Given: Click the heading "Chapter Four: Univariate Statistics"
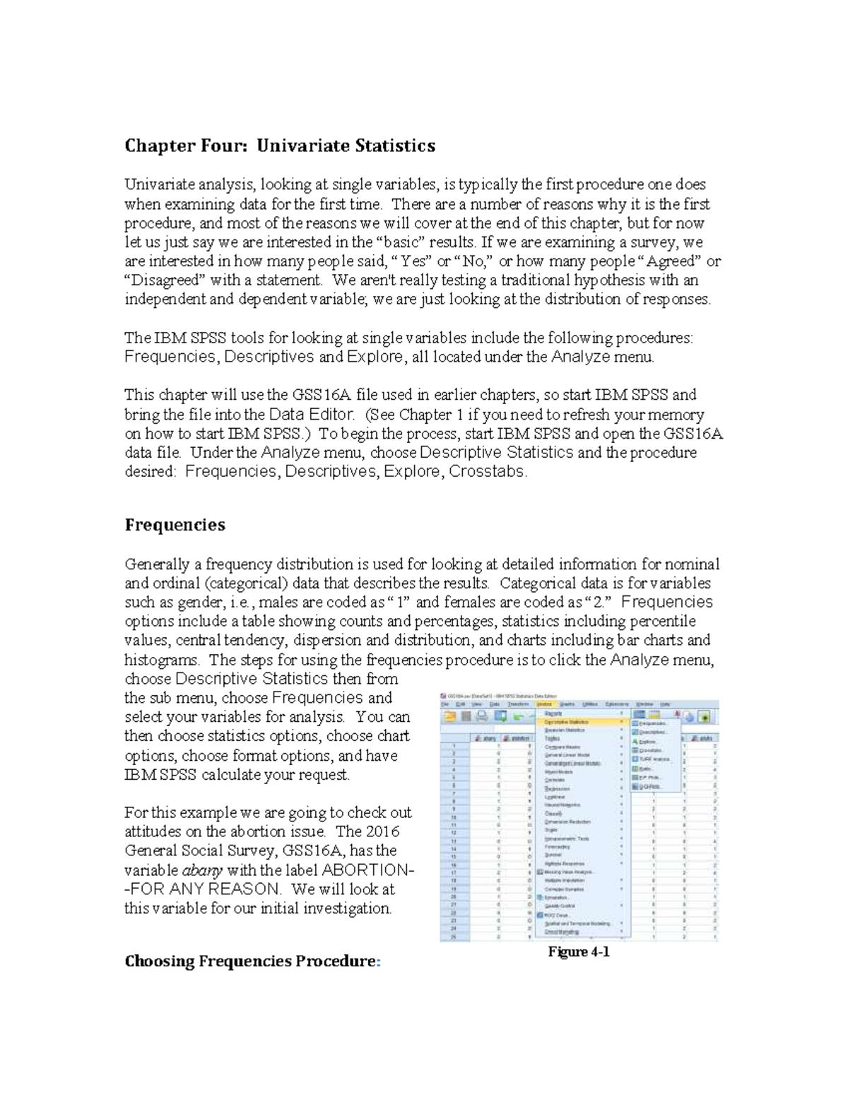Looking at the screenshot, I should pos(280,146).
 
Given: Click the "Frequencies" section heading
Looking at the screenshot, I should pos(175,525).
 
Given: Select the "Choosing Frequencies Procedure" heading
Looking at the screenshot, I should pos(252,961).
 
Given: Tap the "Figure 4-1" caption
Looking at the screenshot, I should pos(579,951).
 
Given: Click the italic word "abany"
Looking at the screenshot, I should pos(203,870).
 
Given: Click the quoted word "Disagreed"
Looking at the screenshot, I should pos(165,280).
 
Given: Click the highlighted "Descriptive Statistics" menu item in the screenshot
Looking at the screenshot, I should pos(567,722).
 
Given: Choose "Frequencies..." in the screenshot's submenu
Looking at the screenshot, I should pos(653,723).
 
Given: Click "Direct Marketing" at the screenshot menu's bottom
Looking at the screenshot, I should pos(563,932).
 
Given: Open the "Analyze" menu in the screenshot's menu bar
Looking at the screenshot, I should pos(543,704).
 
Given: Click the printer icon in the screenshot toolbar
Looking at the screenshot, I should pos(483,716).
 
